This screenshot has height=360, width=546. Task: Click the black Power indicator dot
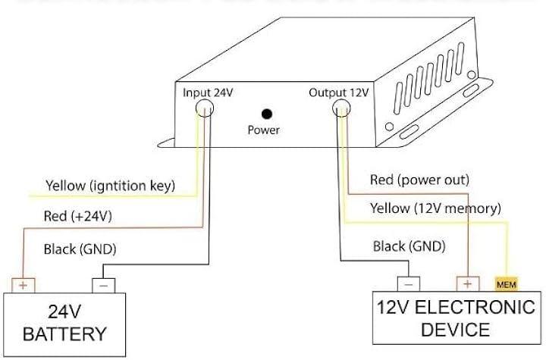[x=267, y=114]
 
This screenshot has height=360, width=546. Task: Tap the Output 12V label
[x=338, y=93]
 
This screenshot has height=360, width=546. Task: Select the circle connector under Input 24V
[x=205, y=111]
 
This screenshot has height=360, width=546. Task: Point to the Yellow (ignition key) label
[x=111, y=184]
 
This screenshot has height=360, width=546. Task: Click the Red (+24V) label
[x=79, y=216]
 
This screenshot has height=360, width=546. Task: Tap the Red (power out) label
[x=419, y=180]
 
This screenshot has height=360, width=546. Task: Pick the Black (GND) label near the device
[x=409, y=246]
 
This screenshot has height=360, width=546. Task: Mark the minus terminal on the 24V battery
[x=104, y=286]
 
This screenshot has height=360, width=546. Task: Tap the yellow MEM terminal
[x=505, y=285]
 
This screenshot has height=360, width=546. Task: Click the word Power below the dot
[x=264, y=130]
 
